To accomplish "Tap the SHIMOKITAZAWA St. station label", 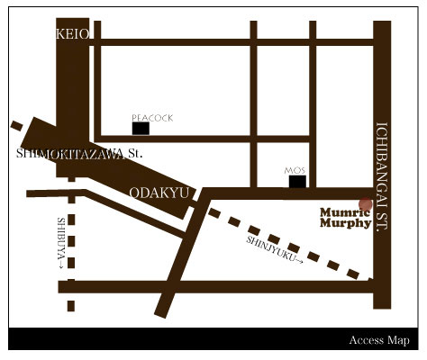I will [80, 153].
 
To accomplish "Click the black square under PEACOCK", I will [141, 128].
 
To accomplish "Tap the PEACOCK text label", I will [151, 118].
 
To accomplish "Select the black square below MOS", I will [297, 182].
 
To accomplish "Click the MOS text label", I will [295, 170].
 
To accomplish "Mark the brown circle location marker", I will [366, 204].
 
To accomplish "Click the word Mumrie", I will [340, 213].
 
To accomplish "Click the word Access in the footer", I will [365, 340].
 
